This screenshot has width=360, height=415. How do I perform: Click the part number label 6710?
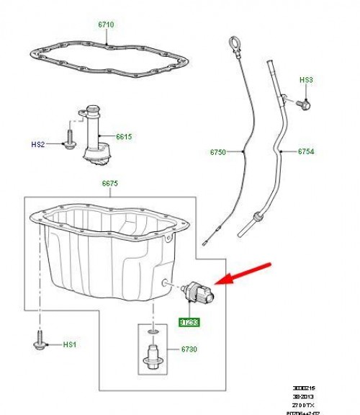coord(106,24)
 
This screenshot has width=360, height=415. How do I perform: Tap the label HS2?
coord(38,144)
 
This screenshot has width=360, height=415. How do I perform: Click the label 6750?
coord(217,152)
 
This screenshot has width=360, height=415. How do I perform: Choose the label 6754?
coord(308,152)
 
